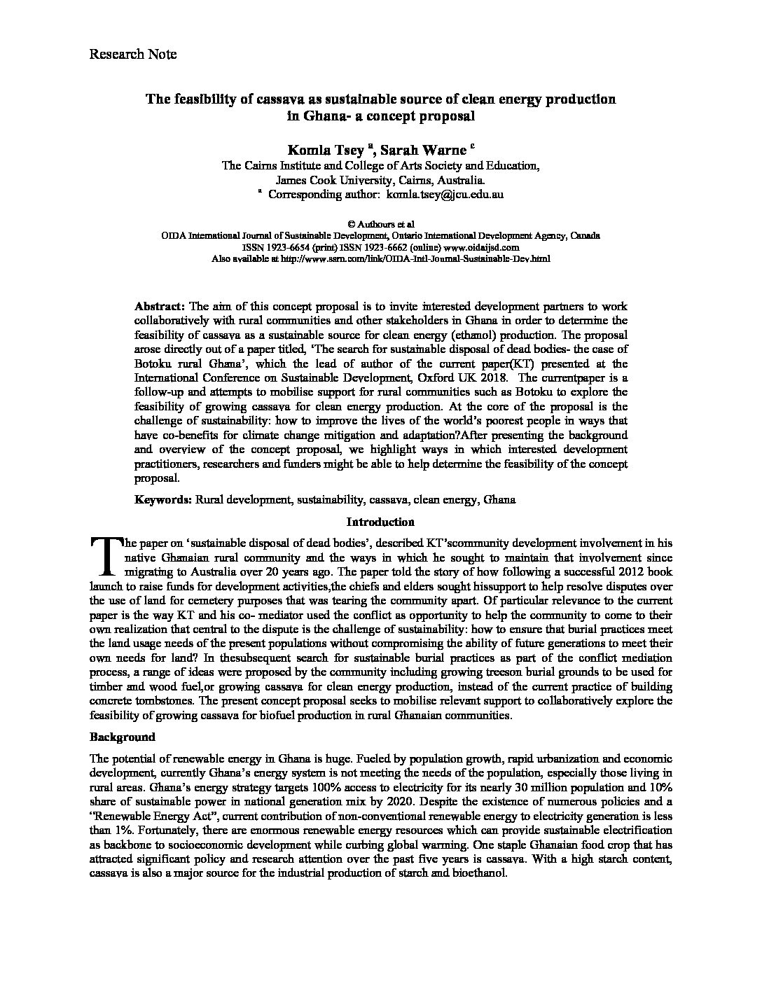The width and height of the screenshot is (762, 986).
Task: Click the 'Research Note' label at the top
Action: click(x=133, y=54)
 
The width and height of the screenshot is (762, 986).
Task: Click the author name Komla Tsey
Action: click(x=326, y=150)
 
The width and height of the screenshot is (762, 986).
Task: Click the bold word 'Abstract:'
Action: click(x=160, y=307)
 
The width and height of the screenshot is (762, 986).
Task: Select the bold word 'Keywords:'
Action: click(x=163, y=500)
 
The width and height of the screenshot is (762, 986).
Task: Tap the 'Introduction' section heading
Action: click(x=380, y=522)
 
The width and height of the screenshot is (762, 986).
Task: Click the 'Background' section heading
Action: click(x=123, y=737)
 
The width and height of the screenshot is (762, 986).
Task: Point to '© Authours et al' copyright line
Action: click(x=380, y=225)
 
